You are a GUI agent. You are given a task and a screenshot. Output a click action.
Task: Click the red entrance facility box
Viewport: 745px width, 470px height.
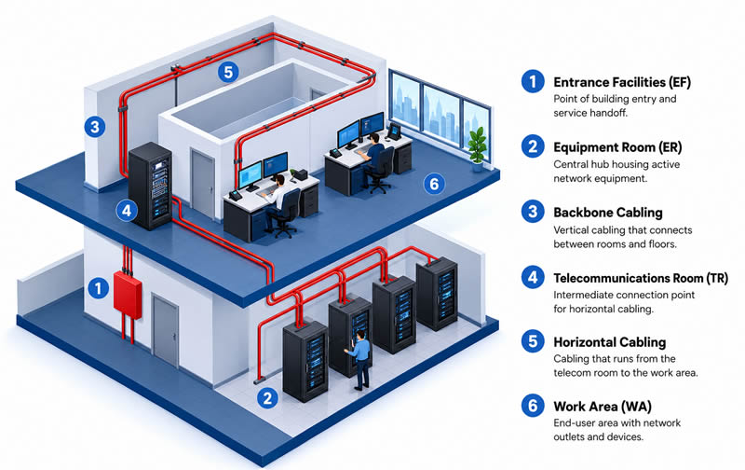click(x=128, y=294)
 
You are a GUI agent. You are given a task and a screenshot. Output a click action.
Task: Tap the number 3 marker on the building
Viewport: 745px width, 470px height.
click(x=95, y=127)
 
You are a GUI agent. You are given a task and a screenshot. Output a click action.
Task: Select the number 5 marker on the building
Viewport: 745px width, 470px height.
click(x=228, y=73)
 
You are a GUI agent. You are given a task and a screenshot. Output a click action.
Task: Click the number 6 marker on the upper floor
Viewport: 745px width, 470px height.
click(x=434, y=184)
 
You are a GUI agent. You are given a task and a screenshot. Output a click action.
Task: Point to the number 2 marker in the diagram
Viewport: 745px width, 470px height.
click(x=267, y=398)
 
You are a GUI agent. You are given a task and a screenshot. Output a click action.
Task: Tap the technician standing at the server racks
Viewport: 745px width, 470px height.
click(x=360, y=360)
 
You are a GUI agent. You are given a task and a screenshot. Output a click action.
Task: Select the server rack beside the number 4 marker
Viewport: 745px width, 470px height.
click(x=150, y=186)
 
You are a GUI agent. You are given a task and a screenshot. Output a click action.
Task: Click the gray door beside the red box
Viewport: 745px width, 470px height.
click(x=166, y=330)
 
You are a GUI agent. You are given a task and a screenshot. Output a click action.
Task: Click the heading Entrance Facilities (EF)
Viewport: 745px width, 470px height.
click(x=622, y=82)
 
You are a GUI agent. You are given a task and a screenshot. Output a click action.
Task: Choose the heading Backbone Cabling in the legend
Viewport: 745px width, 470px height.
click(x=608, y=213)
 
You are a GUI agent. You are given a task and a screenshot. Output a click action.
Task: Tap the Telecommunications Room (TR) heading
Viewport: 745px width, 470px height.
click(x=641, y=278)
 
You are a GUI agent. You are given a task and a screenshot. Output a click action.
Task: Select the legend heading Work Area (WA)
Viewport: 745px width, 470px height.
click(x=603, y=407)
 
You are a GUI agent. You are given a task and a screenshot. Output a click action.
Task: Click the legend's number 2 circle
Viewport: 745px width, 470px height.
click(x=533, y=146)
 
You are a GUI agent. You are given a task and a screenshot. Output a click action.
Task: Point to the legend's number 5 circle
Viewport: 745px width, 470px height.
click(x=533, y=341)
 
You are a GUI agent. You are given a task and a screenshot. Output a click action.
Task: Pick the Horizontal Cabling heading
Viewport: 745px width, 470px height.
click(x=610, y=342)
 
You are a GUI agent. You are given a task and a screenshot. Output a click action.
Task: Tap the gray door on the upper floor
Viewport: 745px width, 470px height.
click(x=203, y=183)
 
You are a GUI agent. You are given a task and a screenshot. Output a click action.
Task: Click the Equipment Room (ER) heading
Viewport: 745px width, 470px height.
click(x=617, y=147)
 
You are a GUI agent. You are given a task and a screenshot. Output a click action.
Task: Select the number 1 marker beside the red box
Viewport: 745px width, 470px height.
click(x=99, y=288)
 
